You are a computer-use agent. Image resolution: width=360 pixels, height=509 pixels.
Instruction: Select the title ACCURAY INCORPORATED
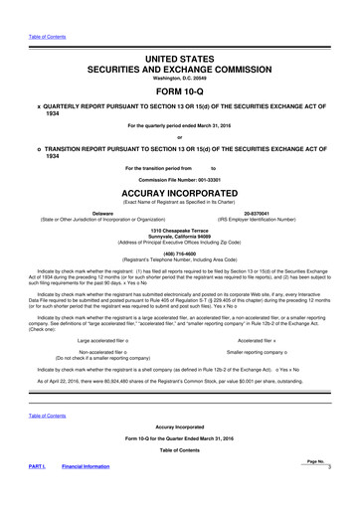click(x=180, y=195)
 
